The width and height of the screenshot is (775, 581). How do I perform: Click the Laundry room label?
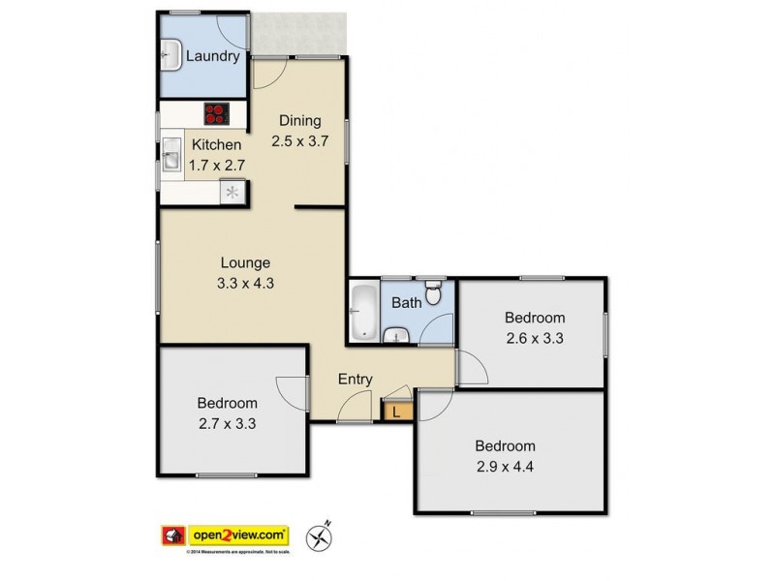tap(212, 56)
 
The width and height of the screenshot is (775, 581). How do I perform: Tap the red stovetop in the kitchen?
tap(217, 114)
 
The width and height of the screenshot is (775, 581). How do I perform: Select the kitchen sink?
tap(171, 155)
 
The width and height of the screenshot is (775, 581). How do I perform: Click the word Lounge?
tap(245, 261)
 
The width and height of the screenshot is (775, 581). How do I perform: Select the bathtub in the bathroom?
tap(363, 312)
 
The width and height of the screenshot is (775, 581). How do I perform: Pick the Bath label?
tap(406, 303)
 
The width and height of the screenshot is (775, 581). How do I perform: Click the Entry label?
tap(355, 380)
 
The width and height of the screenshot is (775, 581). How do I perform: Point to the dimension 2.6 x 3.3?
tap(535, 338)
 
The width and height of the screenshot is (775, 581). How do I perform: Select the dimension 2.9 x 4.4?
tap(505, 467)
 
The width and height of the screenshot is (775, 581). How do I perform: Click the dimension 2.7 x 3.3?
tap(228, 423)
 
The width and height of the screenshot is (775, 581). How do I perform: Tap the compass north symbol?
tap(319, 535)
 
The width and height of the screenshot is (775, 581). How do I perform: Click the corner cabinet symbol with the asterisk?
tap(233, 193)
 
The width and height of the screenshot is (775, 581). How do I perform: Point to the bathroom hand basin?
tap(396, 336)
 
